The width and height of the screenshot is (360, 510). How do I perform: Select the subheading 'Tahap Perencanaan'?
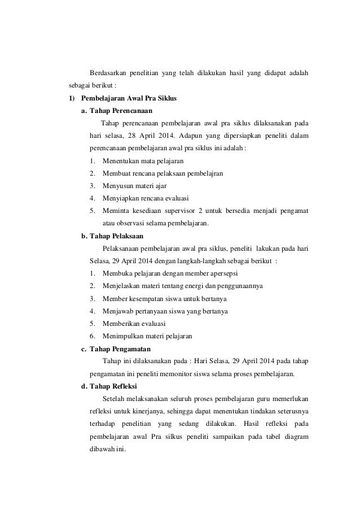[x=121, y=111]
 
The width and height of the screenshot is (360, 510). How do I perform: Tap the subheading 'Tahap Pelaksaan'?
[x=116, y=236]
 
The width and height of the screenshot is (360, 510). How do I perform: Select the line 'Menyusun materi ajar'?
[x=134, y=186]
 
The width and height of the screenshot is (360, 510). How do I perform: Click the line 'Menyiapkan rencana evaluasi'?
[x=145, y=198]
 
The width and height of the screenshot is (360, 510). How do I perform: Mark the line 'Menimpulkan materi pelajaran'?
[x=147, y=335]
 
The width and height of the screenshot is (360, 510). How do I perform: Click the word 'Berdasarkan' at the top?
[x=109, y=73]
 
